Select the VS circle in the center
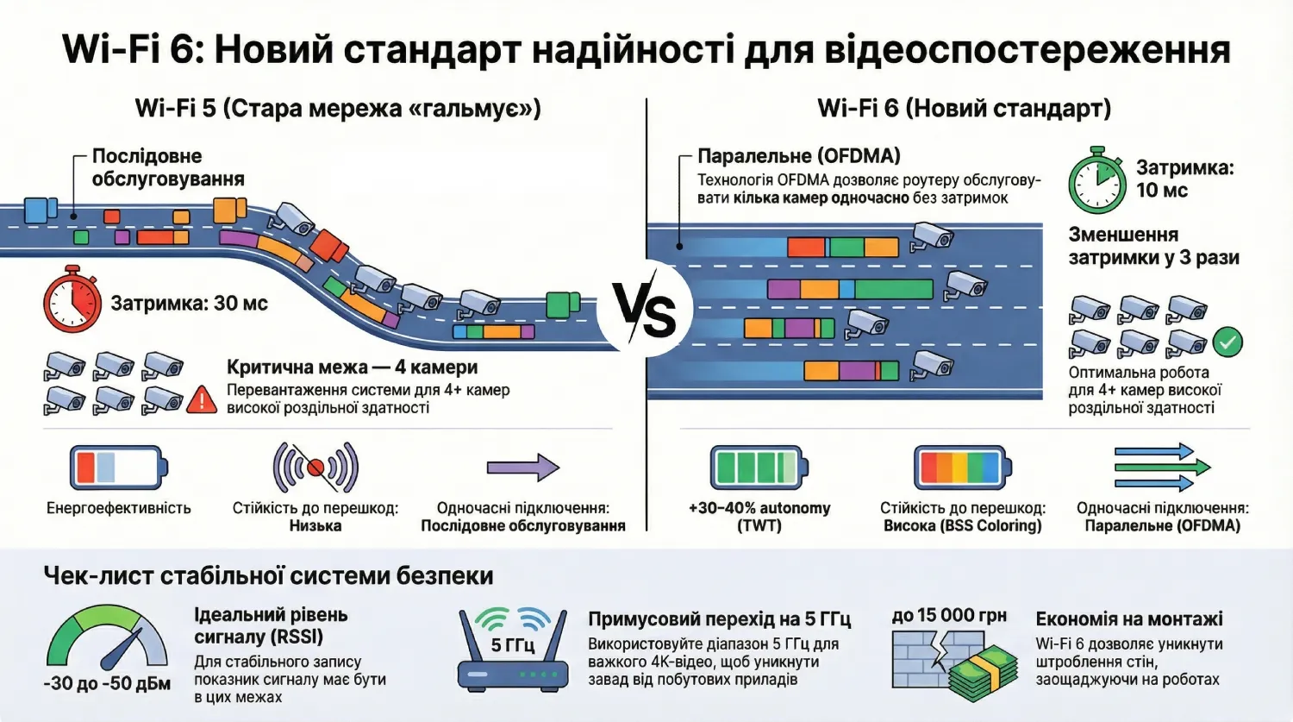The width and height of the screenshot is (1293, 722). (x=645, y=309)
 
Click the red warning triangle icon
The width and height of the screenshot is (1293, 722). (x=202, y=399)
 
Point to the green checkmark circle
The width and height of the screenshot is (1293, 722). (x=1227, y=342)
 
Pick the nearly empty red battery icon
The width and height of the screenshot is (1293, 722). (x=118, y=468)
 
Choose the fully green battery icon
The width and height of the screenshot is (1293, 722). (x=759, y=468)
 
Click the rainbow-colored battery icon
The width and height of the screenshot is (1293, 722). (x=962, y=468)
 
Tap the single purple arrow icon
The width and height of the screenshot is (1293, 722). (x=522, y=468)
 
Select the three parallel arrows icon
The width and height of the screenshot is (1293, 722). (x=1161, y=468)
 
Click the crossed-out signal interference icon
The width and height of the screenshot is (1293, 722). (x=315, y=468)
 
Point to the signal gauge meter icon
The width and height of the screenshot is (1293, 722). (x=107, y=638)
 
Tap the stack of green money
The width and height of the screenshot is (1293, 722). (x=983, y=671)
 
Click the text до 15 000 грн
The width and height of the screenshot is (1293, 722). (x=949, y=615)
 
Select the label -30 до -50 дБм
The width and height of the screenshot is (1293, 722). (x=107, y=684)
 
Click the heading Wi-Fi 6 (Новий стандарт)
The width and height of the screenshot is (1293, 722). (x=964, y=109)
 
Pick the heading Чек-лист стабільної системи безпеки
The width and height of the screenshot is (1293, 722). (x=268, y=575)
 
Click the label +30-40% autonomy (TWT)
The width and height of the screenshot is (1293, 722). (x=759, y=517)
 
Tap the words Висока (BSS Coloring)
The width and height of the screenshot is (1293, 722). (x=962, y=526)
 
